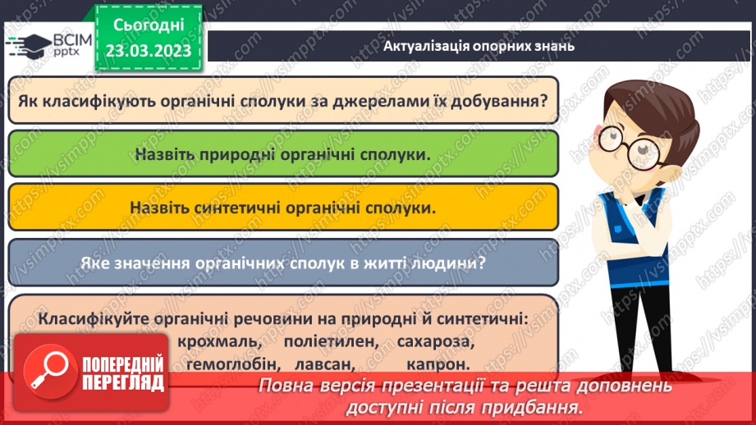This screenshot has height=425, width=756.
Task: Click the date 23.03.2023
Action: pos(148,49)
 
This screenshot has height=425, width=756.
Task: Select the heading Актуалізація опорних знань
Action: pos(479,46)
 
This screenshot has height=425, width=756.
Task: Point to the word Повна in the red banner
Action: pos(284,386)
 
